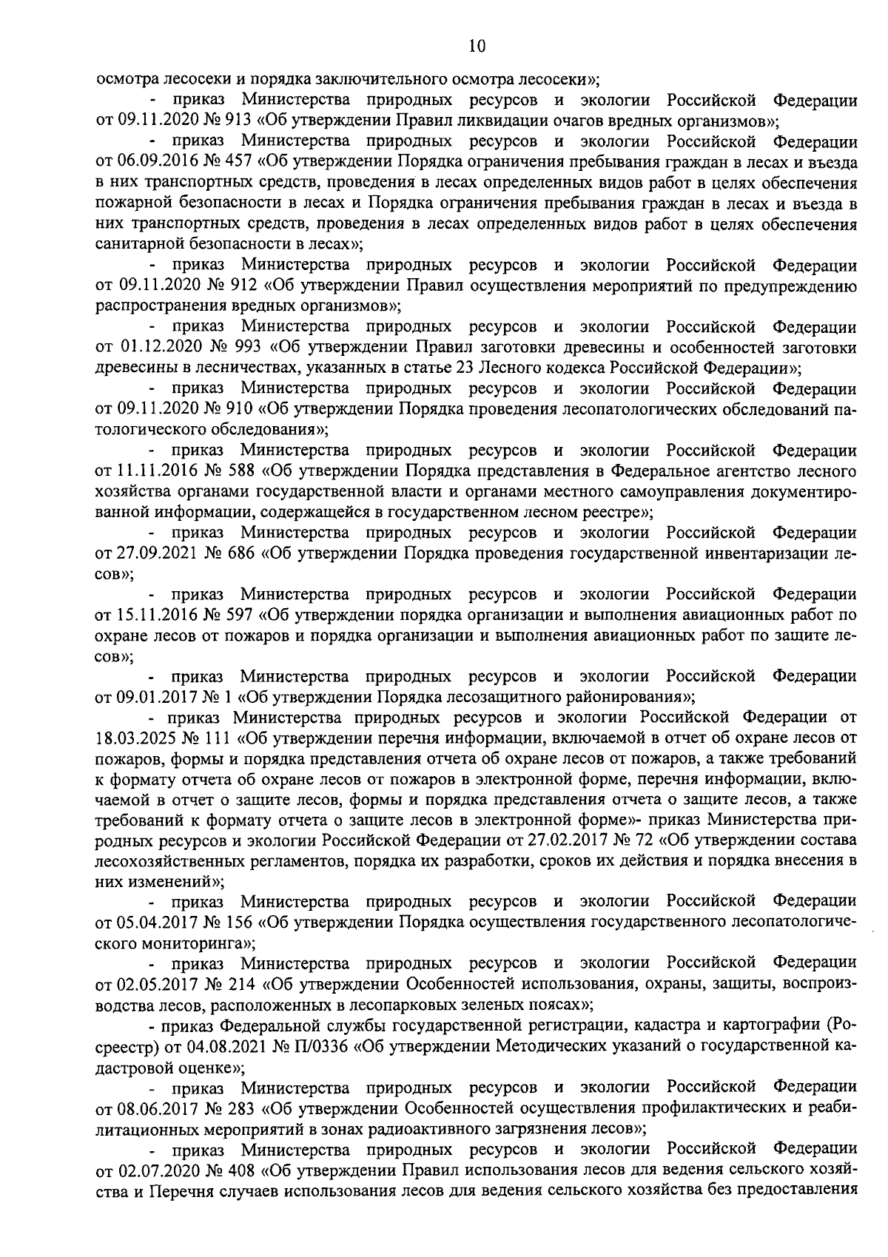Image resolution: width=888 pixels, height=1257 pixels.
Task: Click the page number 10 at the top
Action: click(477, 46)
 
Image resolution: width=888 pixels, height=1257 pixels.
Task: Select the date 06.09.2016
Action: click(155, 161)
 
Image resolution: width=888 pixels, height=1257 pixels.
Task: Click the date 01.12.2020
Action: click(154, 346)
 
